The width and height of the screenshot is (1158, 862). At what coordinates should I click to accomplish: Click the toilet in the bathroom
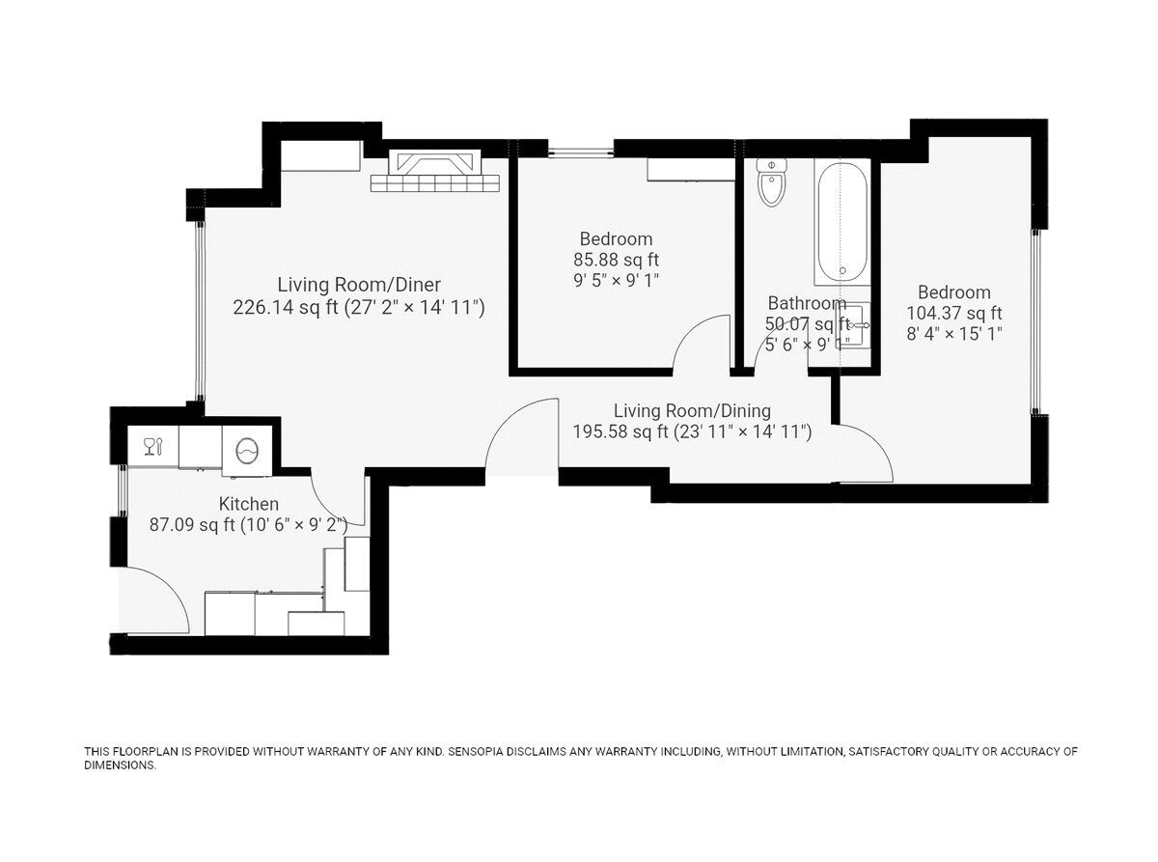(x=771, y=182)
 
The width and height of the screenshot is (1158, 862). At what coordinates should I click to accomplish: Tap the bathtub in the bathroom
(x=842, y=222)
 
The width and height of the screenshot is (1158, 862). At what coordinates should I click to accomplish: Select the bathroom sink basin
(x=852, y=325)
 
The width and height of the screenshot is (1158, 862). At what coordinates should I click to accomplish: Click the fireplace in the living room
(x=435, y=172)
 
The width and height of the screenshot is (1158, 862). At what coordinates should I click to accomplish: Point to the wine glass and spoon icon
(x=153, y=447)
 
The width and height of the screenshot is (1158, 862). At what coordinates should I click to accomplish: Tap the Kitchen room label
(x=249, y=504)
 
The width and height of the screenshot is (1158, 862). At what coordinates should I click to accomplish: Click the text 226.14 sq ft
(x=285, y=307)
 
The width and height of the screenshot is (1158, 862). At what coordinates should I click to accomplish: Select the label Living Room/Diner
(x=359, y=285)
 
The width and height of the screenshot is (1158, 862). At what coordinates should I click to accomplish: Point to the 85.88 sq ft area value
(x=616, y=260)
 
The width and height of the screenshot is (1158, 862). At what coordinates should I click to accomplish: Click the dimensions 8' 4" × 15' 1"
(x=954, y=333)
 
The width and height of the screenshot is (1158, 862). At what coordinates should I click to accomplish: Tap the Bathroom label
(x=807, y=303)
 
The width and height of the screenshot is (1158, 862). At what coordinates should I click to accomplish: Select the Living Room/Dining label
(x=692, y=410)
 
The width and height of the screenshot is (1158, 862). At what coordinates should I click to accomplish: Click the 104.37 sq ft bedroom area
(x=954, y=313)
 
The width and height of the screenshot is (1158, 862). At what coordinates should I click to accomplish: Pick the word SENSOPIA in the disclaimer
(x=472, y=752)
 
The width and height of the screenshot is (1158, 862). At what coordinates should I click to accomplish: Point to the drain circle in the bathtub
(x=842, y=270)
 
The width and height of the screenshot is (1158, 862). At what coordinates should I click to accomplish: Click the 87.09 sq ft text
(x=192, y=524)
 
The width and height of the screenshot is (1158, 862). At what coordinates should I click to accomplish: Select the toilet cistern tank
(x=771, y=165)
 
